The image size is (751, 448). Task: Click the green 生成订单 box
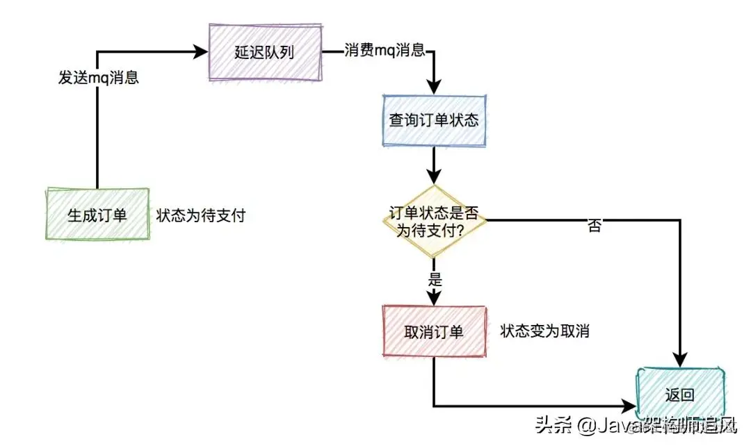[97, 215]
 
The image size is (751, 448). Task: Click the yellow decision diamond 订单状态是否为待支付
[433, 222]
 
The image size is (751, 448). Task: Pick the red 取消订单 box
[433, 332]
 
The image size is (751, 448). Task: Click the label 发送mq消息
[98, 78]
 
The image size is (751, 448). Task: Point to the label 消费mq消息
[385, 51]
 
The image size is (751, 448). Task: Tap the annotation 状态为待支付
[201, 215]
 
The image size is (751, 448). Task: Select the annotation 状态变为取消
[544, 331]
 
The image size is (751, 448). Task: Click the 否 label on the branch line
[594, 226]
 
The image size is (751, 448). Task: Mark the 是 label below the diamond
[435, 281]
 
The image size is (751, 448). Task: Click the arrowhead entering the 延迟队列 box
[202, 52]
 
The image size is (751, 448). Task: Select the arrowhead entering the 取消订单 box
[434, 298]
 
